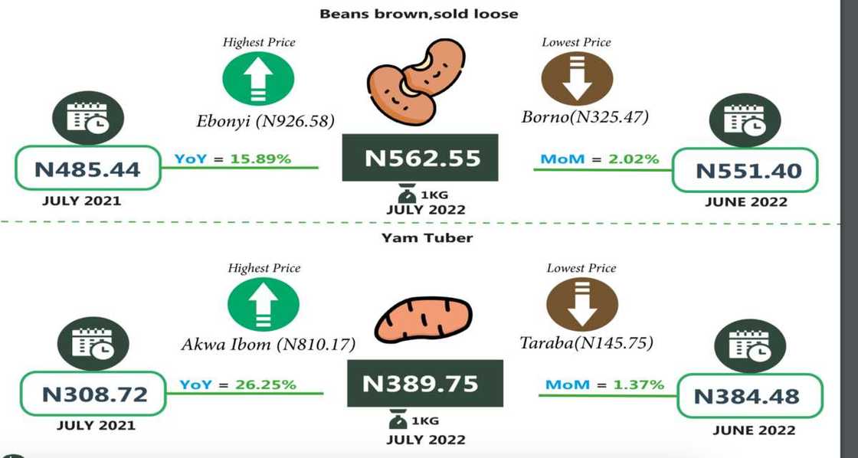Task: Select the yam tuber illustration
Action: pos(423,319)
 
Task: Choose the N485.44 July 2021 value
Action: pos(89,169)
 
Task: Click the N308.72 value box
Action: pos(94,394)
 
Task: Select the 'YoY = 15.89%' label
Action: pos(232,159)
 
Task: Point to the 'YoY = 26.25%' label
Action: pos(237,384)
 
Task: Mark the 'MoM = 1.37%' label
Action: pos(604,384)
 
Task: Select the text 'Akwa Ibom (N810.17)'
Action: pos(268,344)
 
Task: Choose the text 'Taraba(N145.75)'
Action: pos(587,342)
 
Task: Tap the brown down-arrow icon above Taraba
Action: pos(581,305)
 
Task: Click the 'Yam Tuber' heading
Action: pos(427,238)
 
